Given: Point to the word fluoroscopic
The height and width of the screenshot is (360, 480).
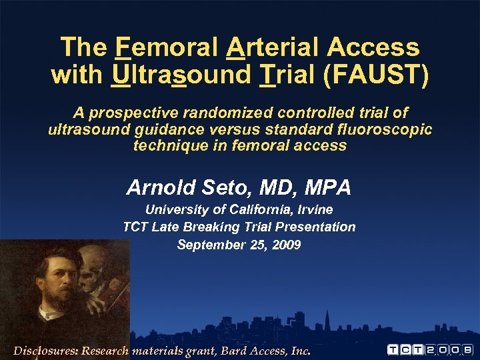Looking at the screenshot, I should (381, 129).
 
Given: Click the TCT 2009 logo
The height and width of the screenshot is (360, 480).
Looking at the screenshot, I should (431, 349).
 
